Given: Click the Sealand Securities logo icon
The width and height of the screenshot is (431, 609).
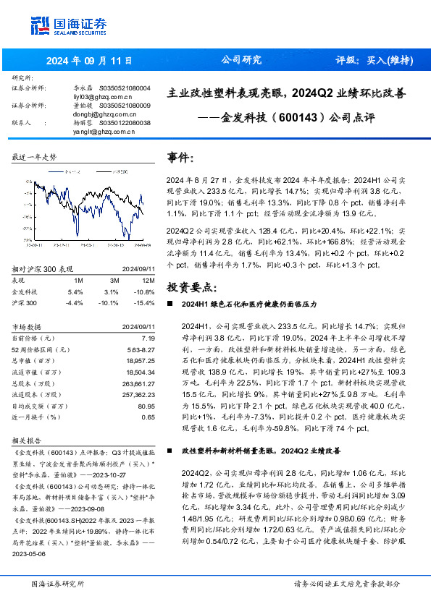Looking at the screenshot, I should (x=40, y=24).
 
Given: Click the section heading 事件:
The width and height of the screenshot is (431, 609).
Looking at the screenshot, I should (x=181, y=158).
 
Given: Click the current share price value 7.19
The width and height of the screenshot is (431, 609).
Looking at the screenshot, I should (x=148, y=337).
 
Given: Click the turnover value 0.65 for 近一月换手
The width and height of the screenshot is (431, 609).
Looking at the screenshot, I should (x=148, y=417).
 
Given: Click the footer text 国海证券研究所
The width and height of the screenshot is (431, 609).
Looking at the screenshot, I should (x=57, y=584).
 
